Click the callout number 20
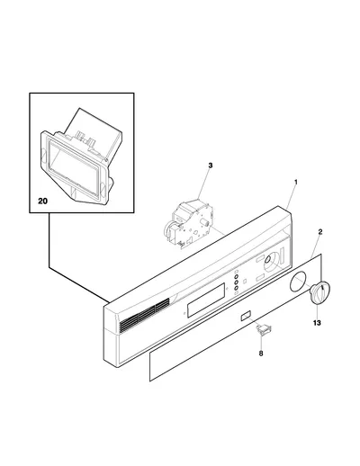[x=42, y=201]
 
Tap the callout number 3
[x=211, y=166]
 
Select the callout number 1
[x=295, y=182]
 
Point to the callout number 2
[x=320, y=231]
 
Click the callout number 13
[x=317, y=323]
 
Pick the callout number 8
[x=261, y=354]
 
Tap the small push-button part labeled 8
[x=263, y=330]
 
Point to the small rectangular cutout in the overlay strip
[x=245, y=316]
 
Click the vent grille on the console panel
[x=145, y=316]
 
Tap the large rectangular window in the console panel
[x=206, y=300]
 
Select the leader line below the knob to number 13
[x=317, y=311]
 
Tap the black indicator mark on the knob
[x=321, y=288]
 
